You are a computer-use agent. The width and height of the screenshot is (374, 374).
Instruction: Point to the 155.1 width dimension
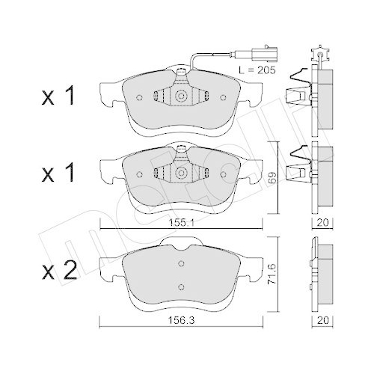pyautogui.click(x=182, y=222)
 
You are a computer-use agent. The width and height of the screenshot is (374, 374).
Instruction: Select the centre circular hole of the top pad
pyautogui.click(x=182, y=97)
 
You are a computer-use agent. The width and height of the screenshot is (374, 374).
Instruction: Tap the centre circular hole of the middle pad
pyautogui.click(x=182, y=171)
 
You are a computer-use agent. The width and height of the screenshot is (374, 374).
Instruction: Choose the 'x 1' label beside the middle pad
pyautogui.click(x=59, y=174)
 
